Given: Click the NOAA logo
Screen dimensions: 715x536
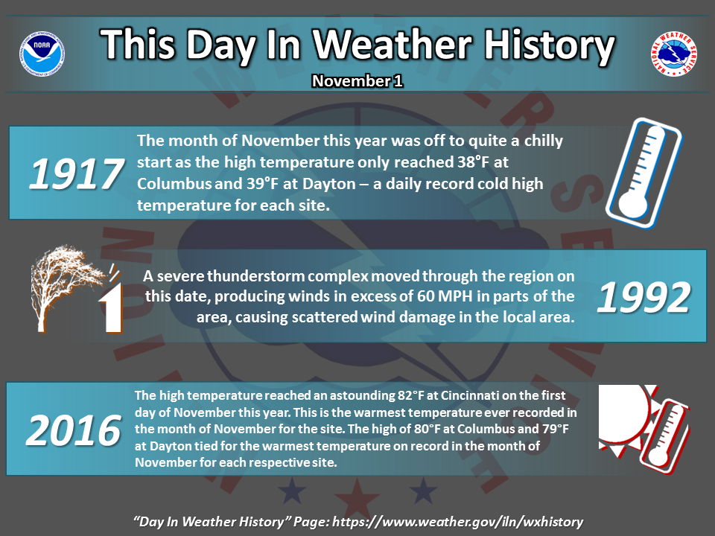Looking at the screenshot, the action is pyautogui.click(x=42, y=54).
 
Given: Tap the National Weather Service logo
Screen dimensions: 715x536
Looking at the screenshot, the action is pyautogui.click(x=673, y=54).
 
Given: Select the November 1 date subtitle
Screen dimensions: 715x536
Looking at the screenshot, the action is pyautogui.click(x=357, y=80).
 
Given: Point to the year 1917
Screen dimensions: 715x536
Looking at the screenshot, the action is pyautogui.click(x=76, y=173).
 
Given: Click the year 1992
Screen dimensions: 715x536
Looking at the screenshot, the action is pyautogui.click(x=643, y=297).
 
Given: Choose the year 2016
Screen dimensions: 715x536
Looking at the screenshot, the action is pyautogui.click(x=74, y=430).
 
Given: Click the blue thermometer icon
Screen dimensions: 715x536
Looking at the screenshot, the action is pyautogui.click(x=643, y=173).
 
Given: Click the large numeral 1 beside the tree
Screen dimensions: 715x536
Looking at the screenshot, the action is pyautogui.click(x=111, y=307).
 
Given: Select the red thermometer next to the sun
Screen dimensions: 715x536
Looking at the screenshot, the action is pyautogui.click(x=665, y=436).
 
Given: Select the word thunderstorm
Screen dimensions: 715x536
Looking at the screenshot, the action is pyautogui.click(x=256, y=275).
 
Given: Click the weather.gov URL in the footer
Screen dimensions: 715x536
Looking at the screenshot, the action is pyautogui.click(x=457, y=521).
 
